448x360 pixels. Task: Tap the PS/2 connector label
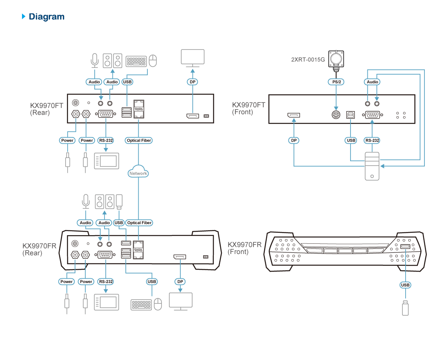336,82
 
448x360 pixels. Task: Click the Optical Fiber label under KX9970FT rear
139,140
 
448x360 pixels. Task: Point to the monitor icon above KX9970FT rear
193,57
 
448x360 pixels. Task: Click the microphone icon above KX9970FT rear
94,60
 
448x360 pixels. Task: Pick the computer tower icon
372,166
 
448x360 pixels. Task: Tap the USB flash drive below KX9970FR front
405,307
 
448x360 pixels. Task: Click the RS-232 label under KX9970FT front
372,140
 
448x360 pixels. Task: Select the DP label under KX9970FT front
294,140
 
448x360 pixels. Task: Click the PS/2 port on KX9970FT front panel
336,115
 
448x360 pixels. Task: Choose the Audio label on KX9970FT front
372,82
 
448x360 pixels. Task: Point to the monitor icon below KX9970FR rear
180,301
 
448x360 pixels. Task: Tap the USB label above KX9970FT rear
127,82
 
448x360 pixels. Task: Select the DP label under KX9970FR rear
180,281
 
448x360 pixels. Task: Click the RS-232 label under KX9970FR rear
106,281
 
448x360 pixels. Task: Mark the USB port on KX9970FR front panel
405,247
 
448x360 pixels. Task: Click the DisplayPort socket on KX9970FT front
294,115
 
